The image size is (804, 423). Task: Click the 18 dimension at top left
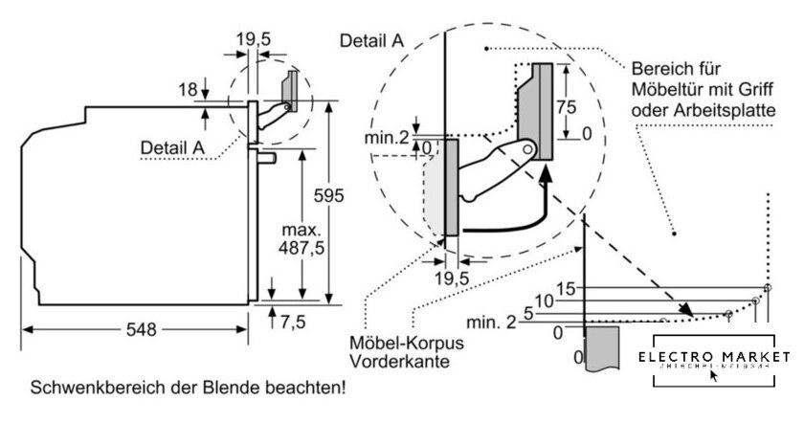pos(188,89)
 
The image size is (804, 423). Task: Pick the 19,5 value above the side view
pos(253,39)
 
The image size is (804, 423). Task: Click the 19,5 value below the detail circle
pos(451,278)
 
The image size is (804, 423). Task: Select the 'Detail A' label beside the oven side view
pos(172,147)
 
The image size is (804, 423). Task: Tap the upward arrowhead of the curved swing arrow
pos(545,173)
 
